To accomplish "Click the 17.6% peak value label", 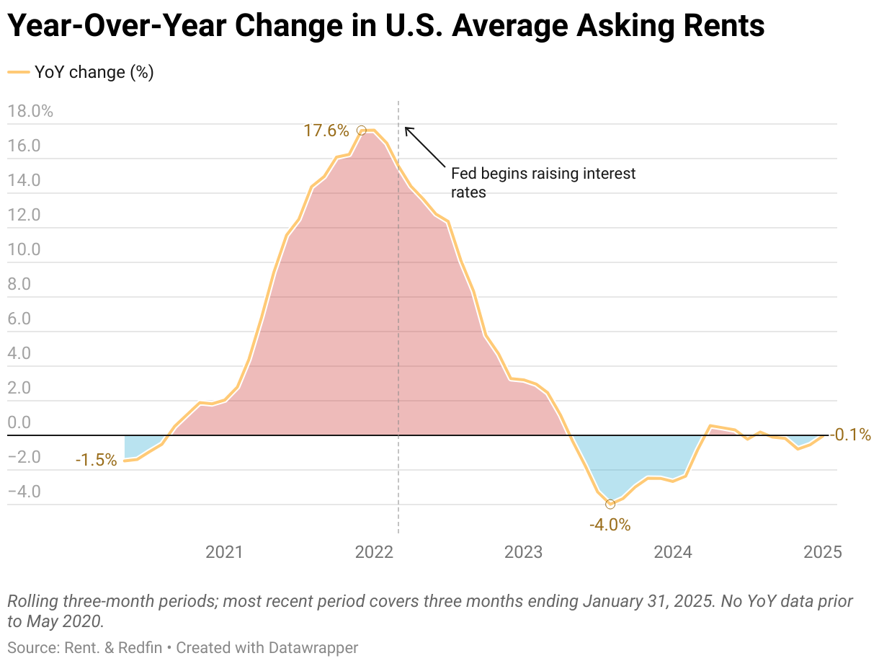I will (326, 131).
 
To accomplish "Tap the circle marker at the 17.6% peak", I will (362, 130).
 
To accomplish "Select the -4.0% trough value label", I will (610, 525).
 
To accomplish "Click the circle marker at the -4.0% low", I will (610, 504).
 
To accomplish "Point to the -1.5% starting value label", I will (96, 460).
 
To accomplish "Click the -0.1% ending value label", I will (850, 435).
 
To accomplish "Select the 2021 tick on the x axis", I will (224, 553).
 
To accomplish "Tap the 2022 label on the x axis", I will (374, 553).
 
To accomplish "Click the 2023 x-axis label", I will (523, 553).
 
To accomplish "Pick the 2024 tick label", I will (672, 553).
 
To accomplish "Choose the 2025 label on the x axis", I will (822, 553).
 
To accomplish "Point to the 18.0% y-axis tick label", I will (30, 111).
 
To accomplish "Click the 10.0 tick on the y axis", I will (24, 249).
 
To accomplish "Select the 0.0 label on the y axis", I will (19, 422).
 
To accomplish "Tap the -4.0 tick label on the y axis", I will (24, 492).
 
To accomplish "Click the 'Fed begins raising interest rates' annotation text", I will (543, 183).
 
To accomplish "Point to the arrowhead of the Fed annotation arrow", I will (406, 128).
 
